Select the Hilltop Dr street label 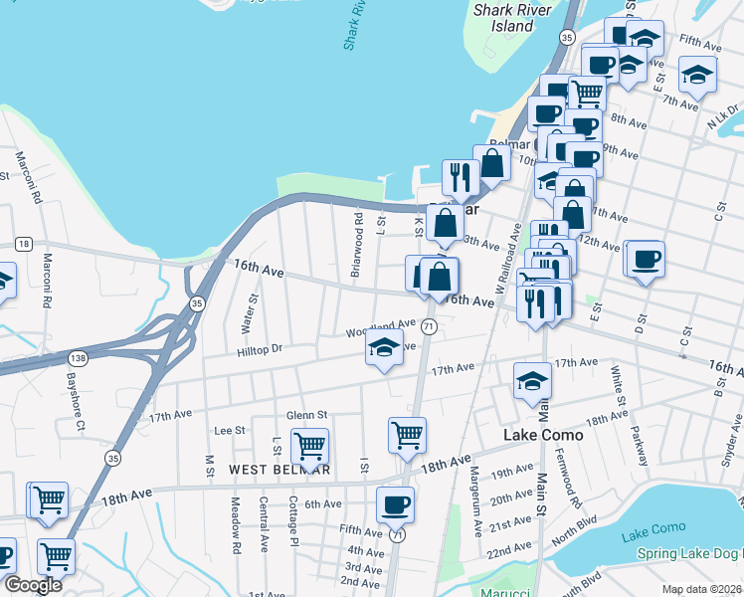pos(261,349)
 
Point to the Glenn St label pos(306,415)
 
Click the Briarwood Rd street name pos(356,243)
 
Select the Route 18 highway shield pos(24,243)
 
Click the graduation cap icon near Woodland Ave pos(383,348)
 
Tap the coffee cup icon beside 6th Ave pos(395,503)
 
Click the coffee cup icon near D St pos(646,259)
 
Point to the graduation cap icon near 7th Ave pos(697,74)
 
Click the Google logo pos(34,585)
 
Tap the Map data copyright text pos(701,589)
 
